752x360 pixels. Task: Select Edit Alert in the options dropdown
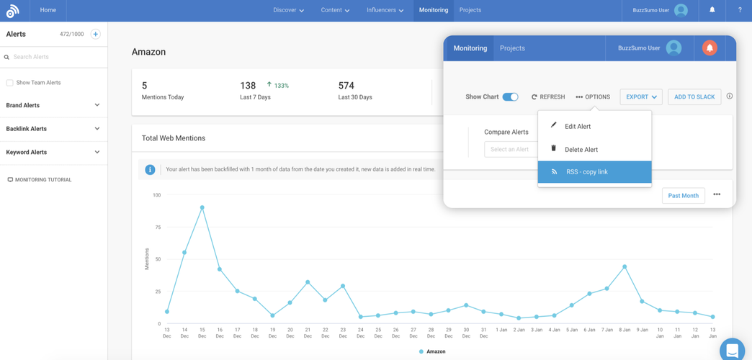tap(577, 127)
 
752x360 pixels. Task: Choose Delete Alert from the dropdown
tap(581, 150)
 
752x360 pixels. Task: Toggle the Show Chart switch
tap(510, 97)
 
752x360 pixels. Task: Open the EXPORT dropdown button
tap(640, 97)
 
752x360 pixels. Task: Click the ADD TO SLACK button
tap(694, 97)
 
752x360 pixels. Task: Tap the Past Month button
tap(683, 196)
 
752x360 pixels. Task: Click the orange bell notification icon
tap(710, 48)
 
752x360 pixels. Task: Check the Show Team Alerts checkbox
tap(10, 83)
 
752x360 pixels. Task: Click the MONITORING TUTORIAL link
tap(42, 180)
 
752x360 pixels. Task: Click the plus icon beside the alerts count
tap(95, 34)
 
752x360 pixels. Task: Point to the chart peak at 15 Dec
tap(202, 207)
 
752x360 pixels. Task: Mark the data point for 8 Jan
tap(625, 267)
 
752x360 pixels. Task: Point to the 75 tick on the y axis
tap(156, 227)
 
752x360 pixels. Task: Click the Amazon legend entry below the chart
tap(432, 351)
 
